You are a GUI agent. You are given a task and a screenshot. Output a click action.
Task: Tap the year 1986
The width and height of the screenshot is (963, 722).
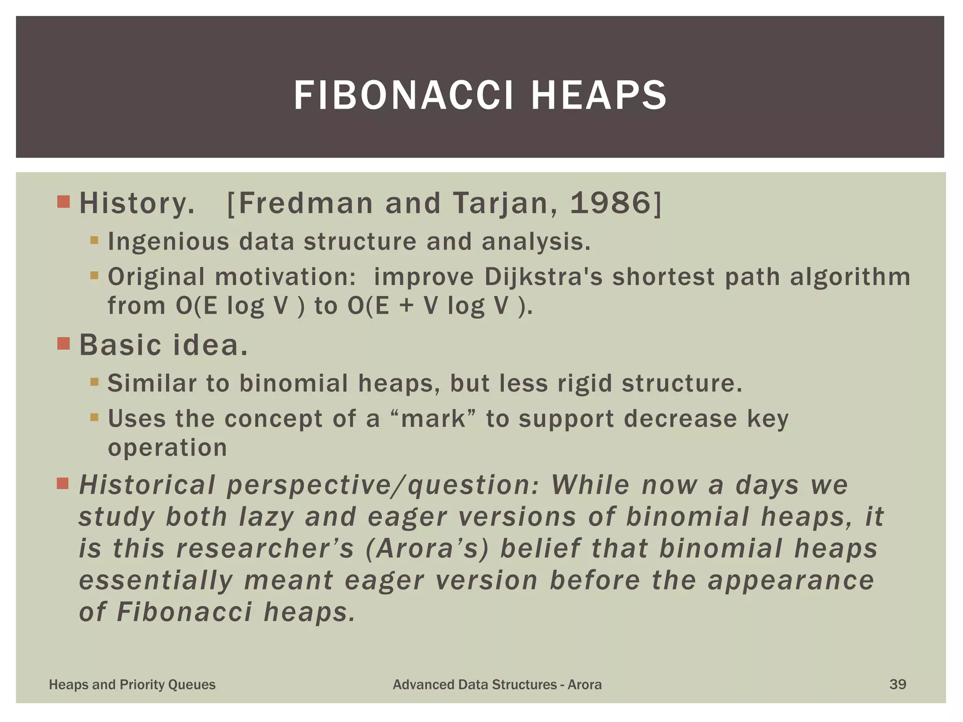[x=610, y=204]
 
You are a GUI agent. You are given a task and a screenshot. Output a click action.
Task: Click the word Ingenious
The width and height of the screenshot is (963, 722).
[x=168, y=242]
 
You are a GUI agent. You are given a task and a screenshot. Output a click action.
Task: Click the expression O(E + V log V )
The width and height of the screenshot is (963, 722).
[x=440, y=306]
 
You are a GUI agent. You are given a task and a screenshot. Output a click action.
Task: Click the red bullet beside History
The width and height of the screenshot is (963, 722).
[x=63, y=202]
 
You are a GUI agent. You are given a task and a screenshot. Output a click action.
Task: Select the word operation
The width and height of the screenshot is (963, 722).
[x=167, y=447]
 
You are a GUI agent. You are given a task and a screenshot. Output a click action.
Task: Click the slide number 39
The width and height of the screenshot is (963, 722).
[x=897, y=684]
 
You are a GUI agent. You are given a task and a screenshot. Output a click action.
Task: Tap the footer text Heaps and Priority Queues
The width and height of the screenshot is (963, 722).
[x=132, y=685]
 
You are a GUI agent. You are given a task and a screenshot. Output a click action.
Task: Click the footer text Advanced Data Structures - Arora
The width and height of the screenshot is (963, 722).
[x=497, y=685]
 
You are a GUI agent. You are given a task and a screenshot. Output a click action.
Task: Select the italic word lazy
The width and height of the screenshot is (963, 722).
[x=266, y=517]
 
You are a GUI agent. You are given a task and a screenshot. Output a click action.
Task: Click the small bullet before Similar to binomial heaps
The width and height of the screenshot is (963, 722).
[x=95, y=382]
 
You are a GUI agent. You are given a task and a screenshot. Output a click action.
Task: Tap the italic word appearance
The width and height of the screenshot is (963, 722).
[x=791, y=581]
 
